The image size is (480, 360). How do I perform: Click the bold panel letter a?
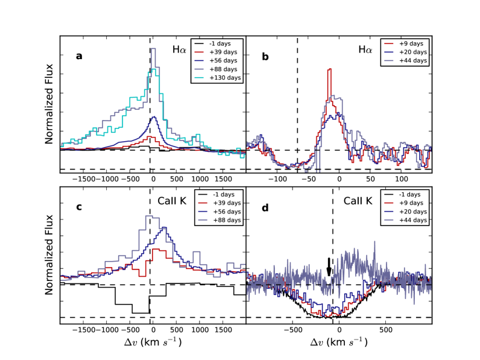pos(79,56)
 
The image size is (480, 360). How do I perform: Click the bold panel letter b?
pos(265,56)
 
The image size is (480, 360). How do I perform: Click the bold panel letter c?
pos(79,207)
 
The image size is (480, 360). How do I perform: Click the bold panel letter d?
pos(265,207)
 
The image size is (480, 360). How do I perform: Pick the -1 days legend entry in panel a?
pos(216,43)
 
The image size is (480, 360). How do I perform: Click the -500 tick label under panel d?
pos(291,331)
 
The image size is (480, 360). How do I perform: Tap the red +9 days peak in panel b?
pos(329,70)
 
